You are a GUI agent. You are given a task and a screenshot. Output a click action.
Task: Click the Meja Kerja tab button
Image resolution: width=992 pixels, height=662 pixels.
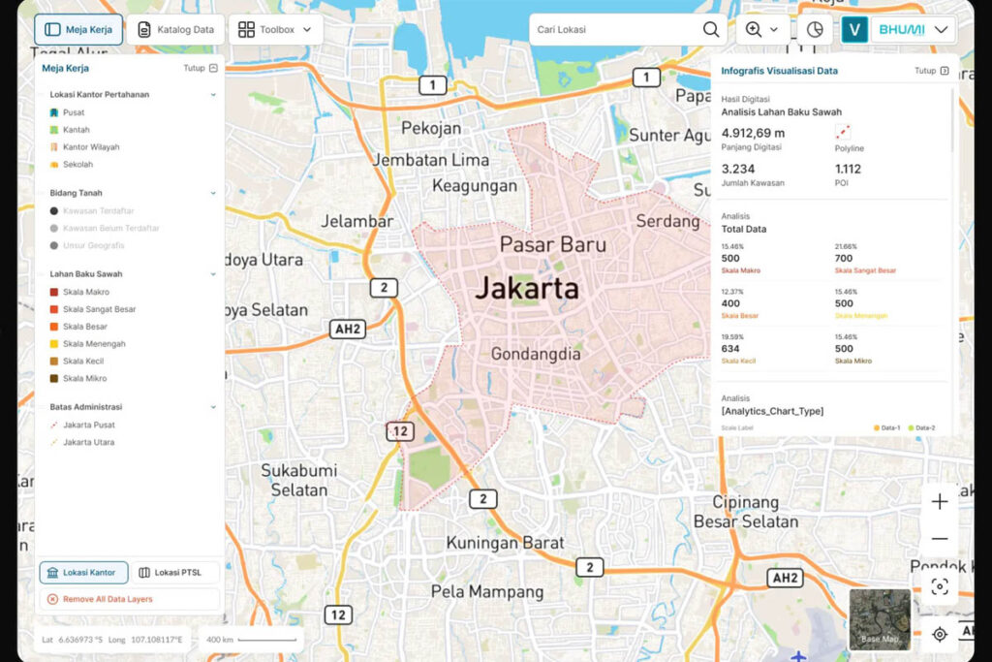pos(78,29)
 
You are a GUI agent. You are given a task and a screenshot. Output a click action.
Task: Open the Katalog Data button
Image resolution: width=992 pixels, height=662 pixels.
pos(175,29)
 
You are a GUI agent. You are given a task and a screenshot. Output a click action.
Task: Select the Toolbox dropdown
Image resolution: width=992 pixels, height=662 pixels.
pos(276,29)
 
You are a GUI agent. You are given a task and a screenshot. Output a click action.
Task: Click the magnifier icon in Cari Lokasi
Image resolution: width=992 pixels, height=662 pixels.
pos(711,29)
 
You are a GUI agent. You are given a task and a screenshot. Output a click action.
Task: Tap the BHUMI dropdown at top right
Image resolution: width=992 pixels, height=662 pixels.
pos(913,29)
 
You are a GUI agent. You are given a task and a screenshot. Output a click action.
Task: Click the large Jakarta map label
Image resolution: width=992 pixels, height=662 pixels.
pos(527,288)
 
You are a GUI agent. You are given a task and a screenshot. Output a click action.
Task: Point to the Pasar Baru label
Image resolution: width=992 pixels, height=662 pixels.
pos(552,244)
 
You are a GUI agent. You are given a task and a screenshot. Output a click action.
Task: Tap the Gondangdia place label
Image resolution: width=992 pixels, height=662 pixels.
pos(536,354)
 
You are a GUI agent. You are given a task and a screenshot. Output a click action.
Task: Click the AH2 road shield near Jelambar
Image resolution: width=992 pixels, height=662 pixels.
pos(347,329)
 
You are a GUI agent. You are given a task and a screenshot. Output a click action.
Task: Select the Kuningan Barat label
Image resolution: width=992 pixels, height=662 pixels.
pos(505,543)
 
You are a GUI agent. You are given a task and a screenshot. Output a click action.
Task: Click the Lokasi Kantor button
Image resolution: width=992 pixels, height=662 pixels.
pos(83,573)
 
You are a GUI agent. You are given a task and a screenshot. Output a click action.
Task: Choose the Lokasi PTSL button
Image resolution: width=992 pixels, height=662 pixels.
pos(174,573)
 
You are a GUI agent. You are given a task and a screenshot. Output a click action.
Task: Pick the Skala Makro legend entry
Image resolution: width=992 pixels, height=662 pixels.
pos(85,292)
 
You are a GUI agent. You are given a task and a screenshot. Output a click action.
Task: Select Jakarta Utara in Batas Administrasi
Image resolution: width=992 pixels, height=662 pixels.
pos(88,442)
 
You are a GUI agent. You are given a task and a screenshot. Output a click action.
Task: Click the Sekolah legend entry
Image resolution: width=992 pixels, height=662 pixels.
pos(77,165)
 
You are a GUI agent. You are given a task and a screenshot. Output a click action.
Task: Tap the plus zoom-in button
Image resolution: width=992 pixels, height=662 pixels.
pos(939,501)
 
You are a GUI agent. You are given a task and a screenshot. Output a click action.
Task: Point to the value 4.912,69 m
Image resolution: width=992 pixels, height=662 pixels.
pos(753,133)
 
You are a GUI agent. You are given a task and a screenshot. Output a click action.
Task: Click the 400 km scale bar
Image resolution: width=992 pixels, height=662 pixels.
pos(252,640)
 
